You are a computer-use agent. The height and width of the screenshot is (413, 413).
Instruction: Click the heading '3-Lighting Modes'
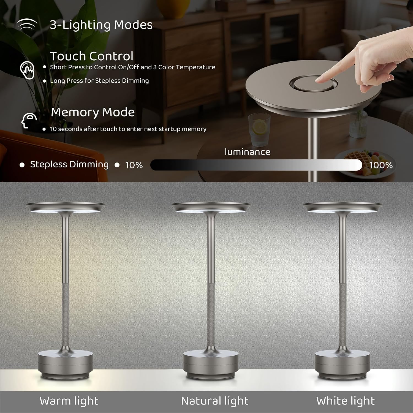[x=101, y=25]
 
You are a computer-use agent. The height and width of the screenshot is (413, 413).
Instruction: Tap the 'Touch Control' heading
[x=92, y=56]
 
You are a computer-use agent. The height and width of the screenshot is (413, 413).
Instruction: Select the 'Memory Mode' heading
[x=93, y=112]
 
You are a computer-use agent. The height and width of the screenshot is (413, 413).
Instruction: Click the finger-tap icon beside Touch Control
[x=27, y=70]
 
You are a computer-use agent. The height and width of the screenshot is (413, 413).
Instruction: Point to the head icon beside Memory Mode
[x=29, y=120]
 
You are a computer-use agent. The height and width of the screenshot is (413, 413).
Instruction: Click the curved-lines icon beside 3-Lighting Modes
[x=27, y=25]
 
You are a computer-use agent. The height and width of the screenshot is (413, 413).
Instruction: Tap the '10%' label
[x=134, y=165]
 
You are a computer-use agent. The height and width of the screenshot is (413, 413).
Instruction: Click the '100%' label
[x=381, y=165]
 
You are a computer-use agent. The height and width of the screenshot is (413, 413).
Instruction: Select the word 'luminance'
[x=248, y=152]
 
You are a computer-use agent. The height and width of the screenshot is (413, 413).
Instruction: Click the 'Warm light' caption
[x=69, y=401]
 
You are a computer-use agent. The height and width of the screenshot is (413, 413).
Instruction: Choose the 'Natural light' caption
[x=215, y=401]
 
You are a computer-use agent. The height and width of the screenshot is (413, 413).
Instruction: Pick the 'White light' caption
[x=346, y=401]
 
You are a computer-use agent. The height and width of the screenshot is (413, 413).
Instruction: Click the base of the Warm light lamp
[x=65, y=364]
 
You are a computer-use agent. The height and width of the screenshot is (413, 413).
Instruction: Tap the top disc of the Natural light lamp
[x=211, y=207]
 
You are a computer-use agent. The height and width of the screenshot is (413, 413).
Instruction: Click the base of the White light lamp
[x=343, y=364]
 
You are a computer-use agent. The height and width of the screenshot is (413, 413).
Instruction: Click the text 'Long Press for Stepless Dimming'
[x=99, y=81]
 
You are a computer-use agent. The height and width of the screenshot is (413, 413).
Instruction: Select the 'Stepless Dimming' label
[x=69, y=164]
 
